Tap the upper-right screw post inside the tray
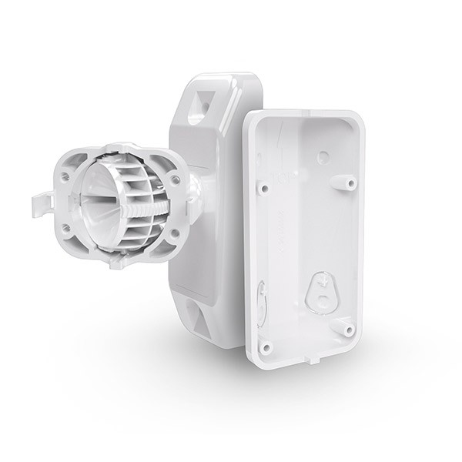coord(349,184)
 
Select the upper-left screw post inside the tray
coord(263,187)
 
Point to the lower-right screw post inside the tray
coord(349,329)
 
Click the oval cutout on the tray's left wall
coord(261,296)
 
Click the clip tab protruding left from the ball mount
coord(41,204)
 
